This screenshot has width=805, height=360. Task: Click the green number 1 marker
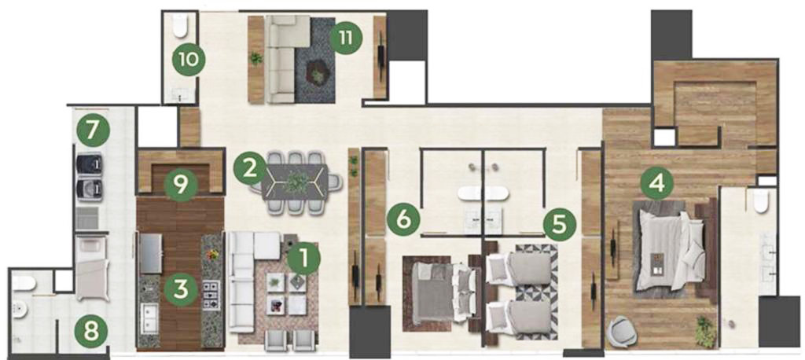(x=303, y=259)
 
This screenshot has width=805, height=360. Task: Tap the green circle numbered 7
(x=93, y=130)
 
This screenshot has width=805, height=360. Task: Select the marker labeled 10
(x=189, y=60)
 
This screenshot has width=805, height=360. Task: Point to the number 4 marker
(x=658, y=182)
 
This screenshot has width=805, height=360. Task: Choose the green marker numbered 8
(x=91, y=331)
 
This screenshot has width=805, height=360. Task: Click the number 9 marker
(x=181, y=186)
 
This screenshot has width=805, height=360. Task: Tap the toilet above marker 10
(x=180, y=25)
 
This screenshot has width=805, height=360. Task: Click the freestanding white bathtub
(x=483, y=193)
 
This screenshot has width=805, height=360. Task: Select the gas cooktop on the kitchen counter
(x=211, y=296)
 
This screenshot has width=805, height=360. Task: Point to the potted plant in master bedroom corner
(x=705, y=330)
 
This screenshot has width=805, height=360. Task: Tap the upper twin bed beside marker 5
(x=519, y=269)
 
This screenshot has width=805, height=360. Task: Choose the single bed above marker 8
(x=93, y=267)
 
